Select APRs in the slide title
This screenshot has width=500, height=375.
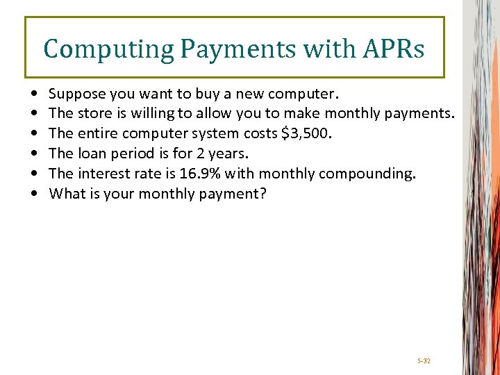[x=392, y=49]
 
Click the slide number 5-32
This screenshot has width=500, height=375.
[x=424, y=361]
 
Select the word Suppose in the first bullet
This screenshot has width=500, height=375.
[x=73, y=92]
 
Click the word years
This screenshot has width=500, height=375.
[x=228, y=153]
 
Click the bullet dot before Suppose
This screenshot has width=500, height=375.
[x=34, y=93]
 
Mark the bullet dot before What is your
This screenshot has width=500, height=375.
[x=34, y=194]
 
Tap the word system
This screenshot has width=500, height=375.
[x=208, y=133]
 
